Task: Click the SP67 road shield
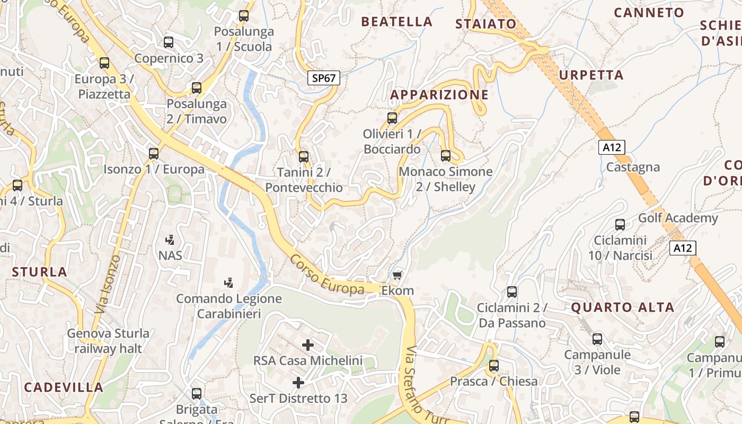click(324, 78)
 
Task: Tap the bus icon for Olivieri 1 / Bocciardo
click(392, 118)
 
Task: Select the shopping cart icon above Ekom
click(397, 275)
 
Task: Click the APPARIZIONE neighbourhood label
click(439, 95)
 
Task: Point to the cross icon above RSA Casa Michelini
click(308, 345)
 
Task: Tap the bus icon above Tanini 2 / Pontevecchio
click(304, 157)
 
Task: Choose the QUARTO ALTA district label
click(622, 307)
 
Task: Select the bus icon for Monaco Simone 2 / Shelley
click(446, 156)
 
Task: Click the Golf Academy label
click(678, 218)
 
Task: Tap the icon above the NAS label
click(170, 240)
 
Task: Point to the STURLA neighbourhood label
click(40, 272)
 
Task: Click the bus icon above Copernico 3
click(169, 42)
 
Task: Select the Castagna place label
click(633, 167)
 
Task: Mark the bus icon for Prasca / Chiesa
click(494, 365)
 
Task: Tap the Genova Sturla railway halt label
click(108, 341)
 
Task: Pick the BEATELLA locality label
click(396, 22)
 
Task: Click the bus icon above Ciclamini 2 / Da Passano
click(512, 292)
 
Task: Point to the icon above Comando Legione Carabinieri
click(229, 282)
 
